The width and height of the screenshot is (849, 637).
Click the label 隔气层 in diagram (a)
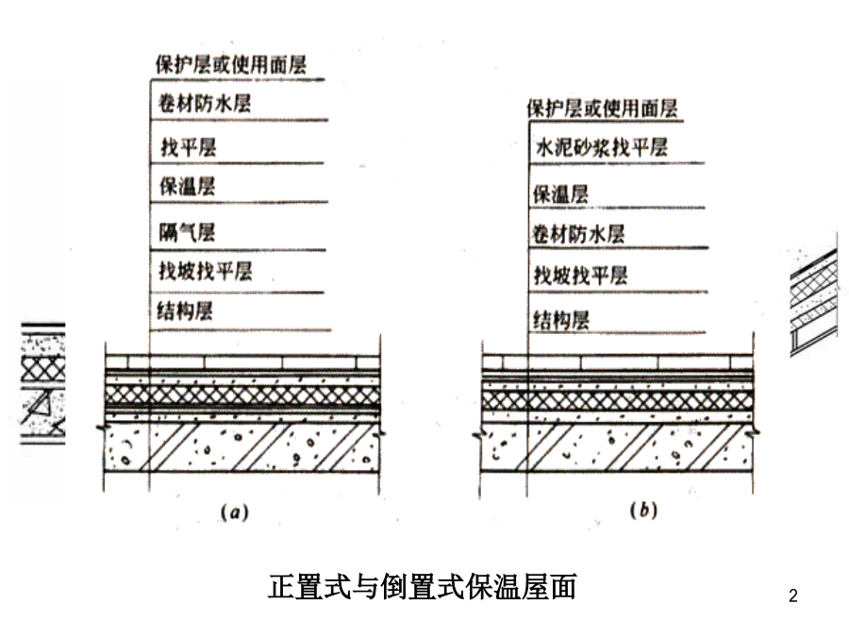pos(187,233)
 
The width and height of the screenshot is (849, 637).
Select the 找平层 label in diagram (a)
pos(189,147)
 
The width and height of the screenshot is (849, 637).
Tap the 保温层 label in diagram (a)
pos(187,186)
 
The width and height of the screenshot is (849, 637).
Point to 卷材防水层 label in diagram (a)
pos(205,103)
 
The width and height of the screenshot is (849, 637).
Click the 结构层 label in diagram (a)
pos(185,310)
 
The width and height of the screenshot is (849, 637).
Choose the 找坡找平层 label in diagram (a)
pos(206,271)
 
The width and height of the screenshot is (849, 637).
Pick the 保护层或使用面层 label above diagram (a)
pos(231,64)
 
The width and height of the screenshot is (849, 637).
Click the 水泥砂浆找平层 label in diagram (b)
pos(602,147)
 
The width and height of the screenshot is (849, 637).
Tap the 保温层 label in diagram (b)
pos(560,193)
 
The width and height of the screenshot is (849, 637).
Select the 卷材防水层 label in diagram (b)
pos(578,234)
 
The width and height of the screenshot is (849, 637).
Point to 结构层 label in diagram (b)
pos(561,320)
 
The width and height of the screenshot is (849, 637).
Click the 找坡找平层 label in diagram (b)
pos(580,276)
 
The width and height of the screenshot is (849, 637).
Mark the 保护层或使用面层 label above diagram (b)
pos(602,109)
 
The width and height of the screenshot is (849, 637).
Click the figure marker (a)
pos(235,511)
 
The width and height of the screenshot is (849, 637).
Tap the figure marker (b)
pos(643,510)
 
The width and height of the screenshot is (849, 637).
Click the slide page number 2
pos(793,595)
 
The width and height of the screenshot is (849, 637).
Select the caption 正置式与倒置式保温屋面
pos(422,587)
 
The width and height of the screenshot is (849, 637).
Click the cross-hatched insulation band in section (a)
pos(242,396)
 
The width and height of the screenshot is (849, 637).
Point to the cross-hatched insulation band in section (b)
pos(618,401)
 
